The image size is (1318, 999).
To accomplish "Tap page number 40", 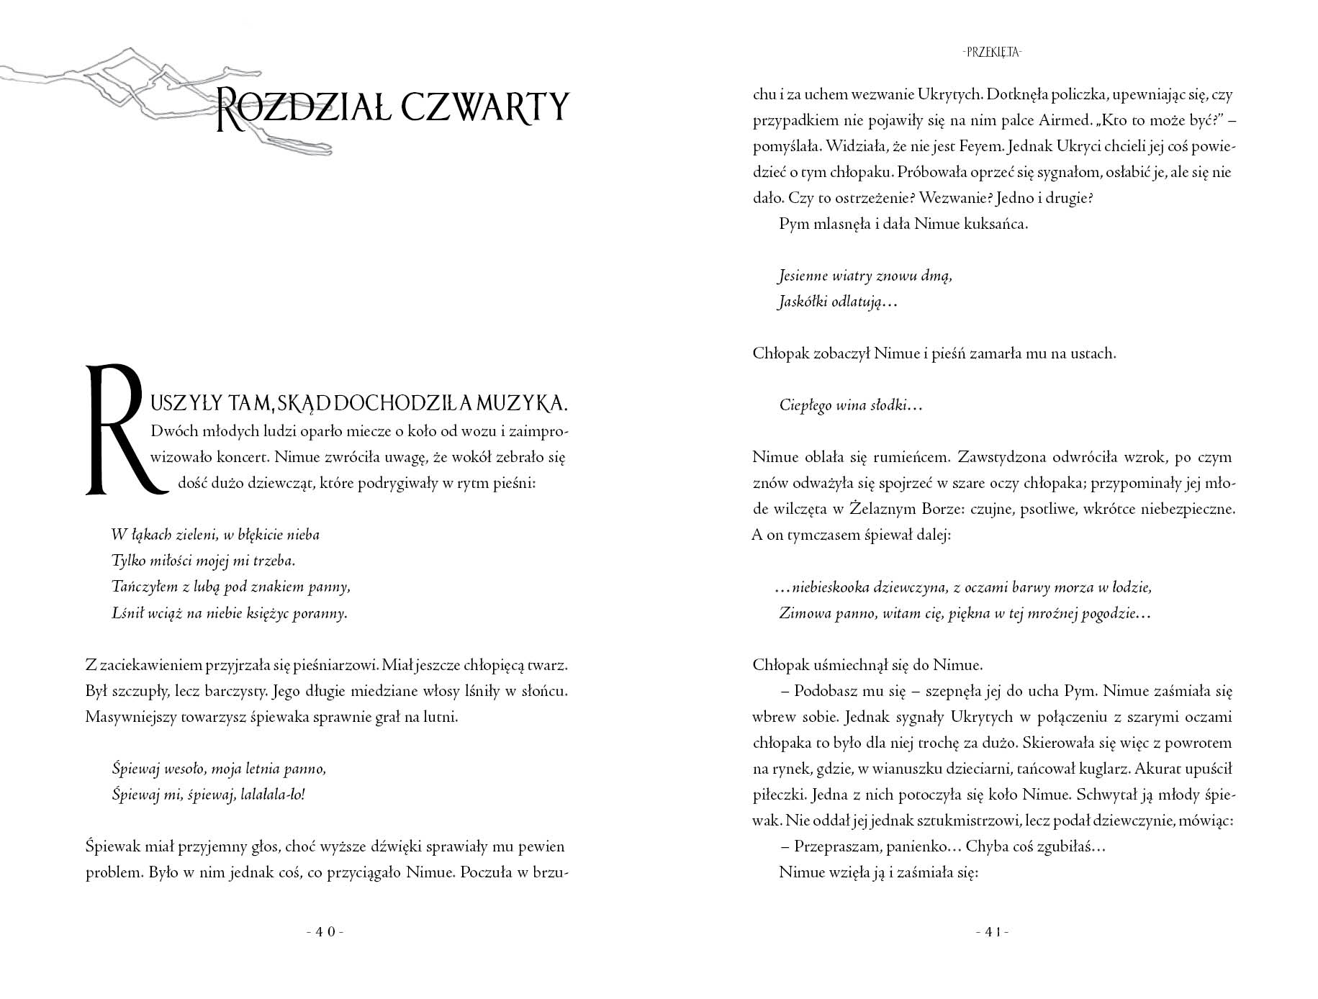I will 325,931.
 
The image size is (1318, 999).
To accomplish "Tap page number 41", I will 993,931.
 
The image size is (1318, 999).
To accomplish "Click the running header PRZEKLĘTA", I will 993,52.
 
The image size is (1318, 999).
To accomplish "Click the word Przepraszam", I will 835,846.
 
